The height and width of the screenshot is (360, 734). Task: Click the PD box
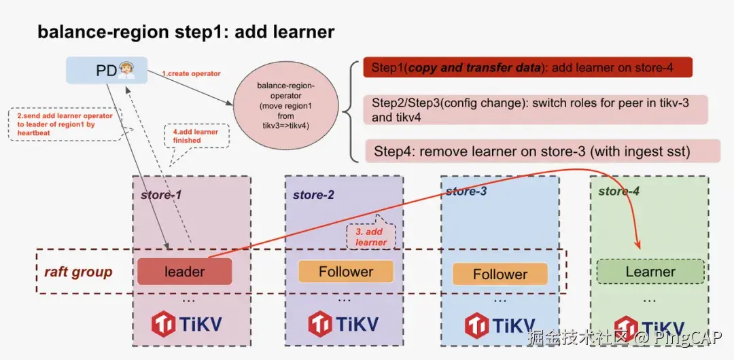click(106, 71)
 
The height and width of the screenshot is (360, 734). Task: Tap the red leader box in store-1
click(184, 272)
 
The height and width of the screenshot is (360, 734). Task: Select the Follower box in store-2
click(346, 272)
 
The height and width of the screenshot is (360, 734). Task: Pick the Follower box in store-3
click(500, 274)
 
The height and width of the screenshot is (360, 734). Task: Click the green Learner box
click(650, 272)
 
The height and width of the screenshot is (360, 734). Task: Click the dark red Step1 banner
click(527, 68)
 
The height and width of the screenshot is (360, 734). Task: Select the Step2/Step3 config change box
click(536, 109)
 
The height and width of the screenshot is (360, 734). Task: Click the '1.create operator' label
click(191, 73)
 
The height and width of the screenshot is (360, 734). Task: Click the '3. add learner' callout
click(370, 237)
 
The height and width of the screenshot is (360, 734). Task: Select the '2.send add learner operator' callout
click(65, 124)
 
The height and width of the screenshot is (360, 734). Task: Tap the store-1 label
click(161, 195)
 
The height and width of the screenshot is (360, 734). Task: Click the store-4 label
click(618, 192)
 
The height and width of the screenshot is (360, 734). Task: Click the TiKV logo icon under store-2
click(321, 324)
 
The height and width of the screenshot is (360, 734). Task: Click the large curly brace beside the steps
click(352, 111)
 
